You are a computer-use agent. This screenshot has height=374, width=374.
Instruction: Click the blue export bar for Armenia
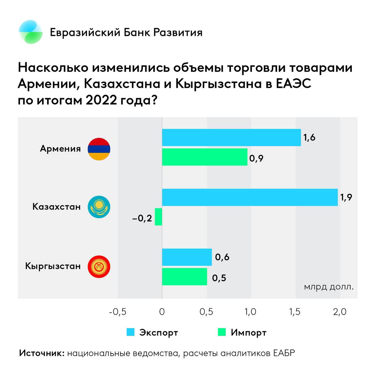(x=231, y=137)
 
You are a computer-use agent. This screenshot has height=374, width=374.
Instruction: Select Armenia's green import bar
(x=205, y=157)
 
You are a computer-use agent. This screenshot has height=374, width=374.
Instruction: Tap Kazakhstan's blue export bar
(x=250, y=197)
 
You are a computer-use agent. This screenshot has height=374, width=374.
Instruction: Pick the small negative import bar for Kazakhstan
(x=158, y=217)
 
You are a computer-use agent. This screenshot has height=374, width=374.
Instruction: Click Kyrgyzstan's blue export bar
(x=187, y=257)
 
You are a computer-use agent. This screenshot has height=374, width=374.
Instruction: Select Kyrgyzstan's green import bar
(x=184, y=277)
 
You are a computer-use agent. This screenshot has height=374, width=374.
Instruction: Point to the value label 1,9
(x=346, y=198)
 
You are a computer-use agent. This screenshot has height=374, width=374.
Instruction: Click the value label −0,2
(x=142, y=218)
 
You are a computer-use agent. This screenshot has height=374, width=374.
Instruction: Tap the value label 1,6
(x=309, y=138)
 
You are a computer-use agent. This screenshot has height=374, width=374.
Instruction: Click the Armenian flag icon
(x=99, y=149)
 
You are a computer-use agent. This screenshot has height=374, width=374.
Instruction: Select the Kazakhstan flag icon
(x=99, y=207)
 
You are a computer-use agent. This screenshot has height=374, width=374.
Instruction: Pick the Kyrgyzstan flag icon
(x=99, y=266)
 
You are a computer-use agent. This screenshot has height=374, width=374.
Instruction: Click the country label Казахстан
(x=56, y=207)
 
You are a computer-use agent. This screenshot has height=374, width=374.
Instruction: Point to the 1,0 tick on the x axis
(x=250, y=312)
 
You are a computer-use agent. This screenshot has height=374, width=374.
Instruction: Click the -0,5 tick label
(x=118, y=312)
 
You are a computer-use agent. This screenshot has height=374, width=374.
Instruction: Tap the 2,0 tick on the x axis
(x=340, y=312)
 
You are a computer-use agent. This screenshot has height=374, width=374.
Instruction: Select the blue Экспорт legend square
(x=130, y=332)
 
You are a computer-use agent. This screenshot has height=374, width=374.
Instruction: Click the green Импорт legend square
(x=222, y=332)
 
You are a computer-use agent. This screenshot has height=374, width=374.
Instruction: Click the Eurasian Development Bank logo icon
(x=31, y=32)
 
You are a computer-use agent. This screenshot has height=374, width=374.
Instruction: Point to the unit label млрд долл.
(x=329, y=287)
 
